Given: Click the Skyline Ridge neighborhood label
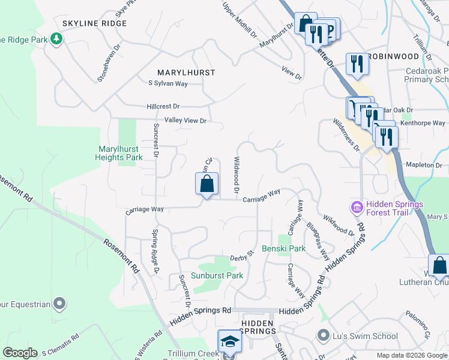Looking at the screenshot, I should point(95,23).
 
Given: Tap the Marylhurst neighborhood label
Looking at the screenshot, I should point(186,73).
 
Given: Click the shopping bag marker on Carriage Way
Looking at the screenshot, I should point(206,184).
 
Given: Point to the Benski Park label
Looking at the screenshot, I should point(283,248).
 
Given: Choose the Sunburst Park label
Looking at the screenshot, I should point(217,276).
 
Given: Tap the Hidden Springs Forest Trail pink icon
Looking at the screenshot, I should point(357,208).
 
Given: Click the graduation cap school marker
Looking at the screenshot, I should point(229,342).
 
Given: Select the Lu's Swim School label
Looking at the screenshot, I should point(359,335).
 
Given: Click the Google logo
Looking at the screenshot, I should point(20,353).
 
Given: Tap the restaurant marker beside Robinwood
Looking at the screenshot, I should point(357,64).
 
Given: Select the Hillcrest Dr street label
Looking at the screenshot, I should point(163,106).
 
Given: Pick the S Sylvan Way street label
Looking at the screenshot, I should point(168,83).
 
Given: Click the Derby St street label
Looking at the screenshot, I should point(243,257).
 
